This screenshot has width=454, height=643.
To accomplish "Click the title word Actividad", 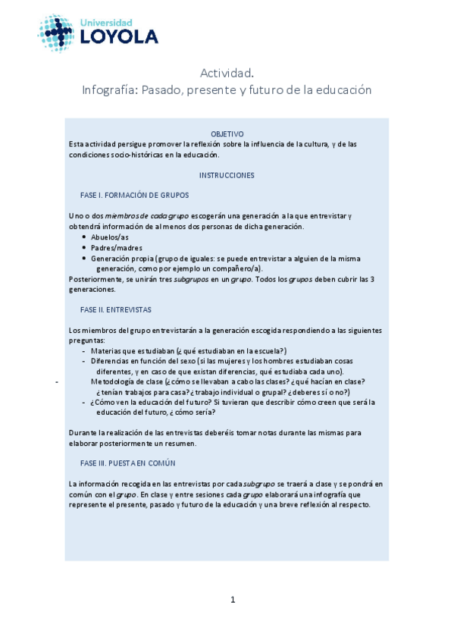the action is (227, 73).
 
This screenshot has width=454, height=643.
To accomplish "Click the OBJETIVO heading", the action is (227, 133).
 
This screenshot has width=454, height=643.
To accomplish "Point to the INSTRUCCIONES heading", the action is (227, 175).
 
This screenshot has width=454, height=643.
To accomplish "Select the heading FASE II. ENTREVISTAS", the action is (115, 309).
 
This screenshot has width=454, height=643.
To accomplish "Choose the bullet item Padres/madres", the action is (117, 248).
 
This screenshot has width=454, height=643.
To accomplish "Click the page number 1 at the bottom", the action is (233, 600).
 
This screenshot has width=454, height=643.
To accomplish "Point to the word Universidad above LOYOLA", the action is (106, 23).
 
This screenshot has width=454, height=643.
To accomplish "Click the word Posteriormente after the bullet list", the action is (93, 279).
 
